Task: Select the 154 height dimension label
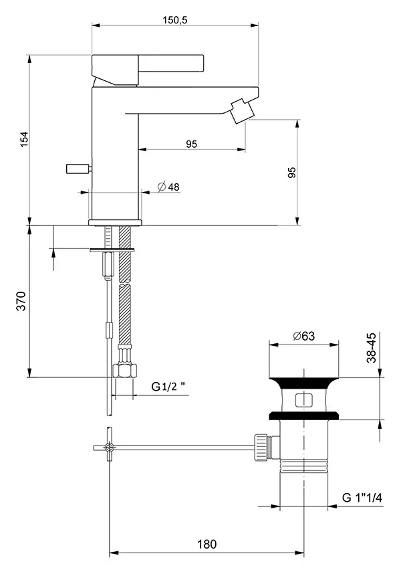pyautogui.click(x=23, y=139)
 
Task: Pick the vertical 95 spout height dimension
pyautogui.click(x=291, y=173)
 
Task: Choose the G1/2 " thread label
pyautogui.click(x=167, y=386)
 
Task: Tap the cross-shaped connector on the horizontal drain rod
pyautogui.click(x=108, y=446)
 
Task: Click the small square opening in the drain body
pyautogui.click(x=303, y=401)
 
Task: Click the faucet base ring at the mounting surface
pyautogui.click(x=116, y=221)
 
